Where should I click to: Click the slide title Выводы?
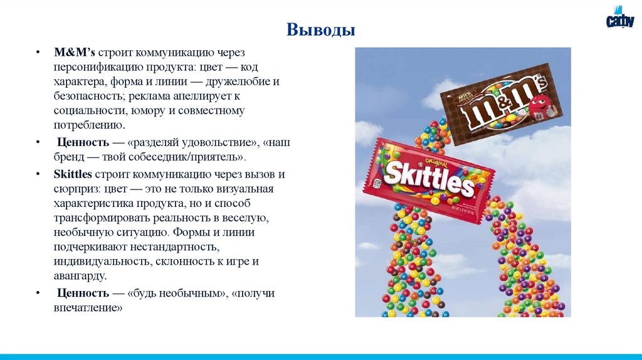pyautogui.click(x=320, y=29)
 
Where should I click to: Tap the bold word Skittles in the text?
pyautogui.click(x=73, y=174)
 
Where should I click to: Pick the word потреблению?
pyautogui.click(x=85, y=125)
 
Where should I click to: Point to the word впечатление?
pyautogui.click(x=87, y=308)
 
